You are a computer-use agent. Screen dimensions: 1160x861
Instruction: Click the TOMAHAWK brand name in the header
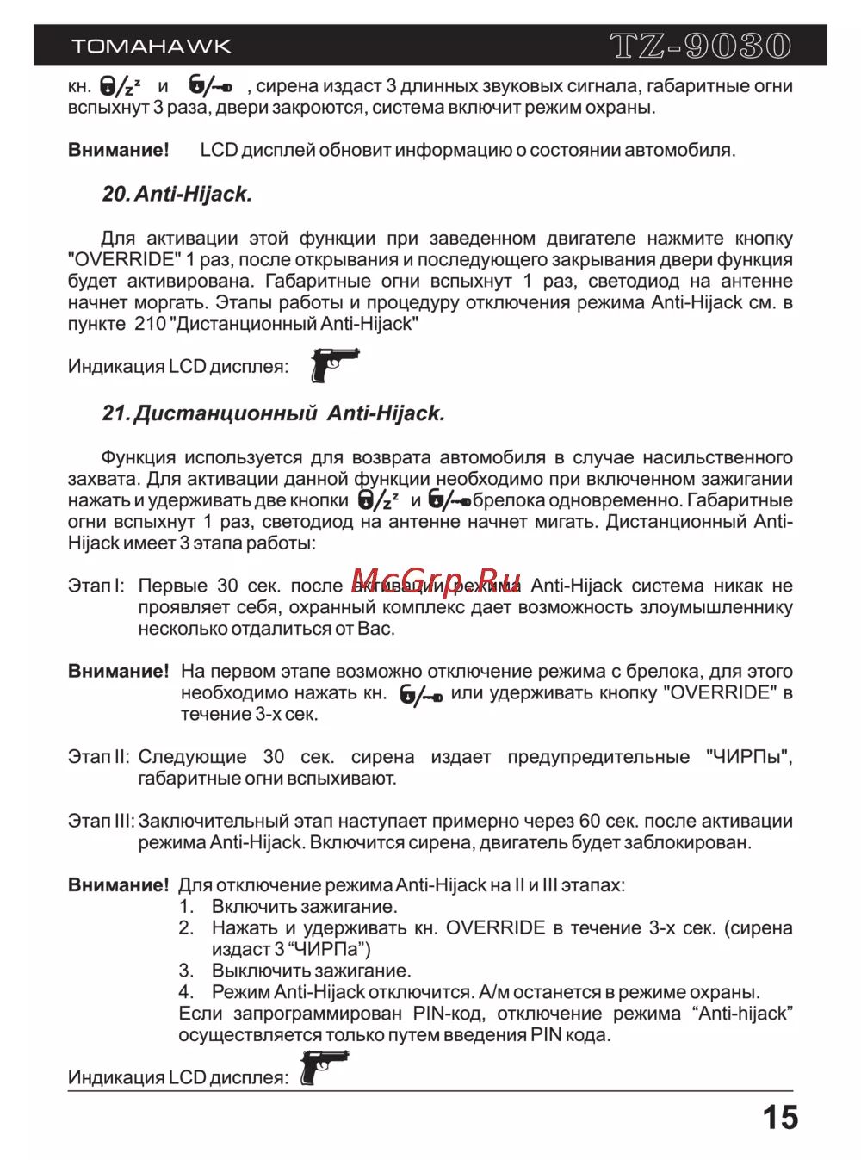[x=152, y=47]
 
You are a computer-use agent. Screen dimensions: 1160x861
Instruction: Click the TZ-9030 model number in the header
[x=700, y=46]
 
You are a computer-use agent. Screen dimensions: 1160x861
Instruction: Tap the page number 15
[x=780, y=1118]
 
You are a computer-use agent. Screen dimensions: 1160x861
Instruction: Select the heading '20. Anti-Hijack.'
[x=177, y=195]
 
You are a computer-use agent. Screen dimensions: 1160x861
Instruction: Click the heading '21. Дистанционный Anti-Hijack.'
[x=274, y=413]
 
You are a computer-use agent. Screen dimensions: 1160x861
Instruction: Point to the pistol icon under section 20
[x=334, y=364]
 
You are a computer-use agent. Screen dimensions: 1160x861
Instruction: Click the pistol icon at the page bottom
[x=324, y=1069]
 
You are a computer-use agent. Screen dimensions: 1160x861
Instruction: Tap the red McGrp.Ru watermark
[x=437, y=581]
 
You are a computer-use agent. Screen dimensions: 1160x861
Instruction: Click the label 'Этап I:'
[x=96, y=586]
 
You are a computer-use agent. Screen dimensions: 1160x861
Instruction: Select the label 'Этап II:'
[x=98, y=757]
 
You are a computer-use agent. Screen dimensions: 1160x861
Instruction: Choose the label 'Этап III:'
[x=101, y=822]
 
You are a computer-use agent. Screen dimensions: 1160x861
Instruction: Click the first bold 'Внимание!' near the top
[x=119, y=150]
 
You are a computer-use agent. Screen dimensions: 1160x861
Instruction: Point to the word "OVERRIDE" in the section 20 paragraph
[x=125, y=260]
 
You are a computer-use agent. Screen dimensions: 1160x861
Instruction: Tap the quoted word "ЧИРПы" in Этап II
[x=748, y=757]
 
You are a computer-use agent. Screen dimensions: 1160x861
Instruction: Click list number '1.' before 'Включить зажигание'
[x=187, y=907]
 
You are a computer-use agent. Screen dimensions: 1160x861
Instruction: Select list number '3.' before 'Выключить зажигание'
[x=187, y=971]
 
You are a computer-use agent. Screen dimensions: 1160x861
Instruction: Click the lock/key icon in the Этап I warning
[x=421, y=694]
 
